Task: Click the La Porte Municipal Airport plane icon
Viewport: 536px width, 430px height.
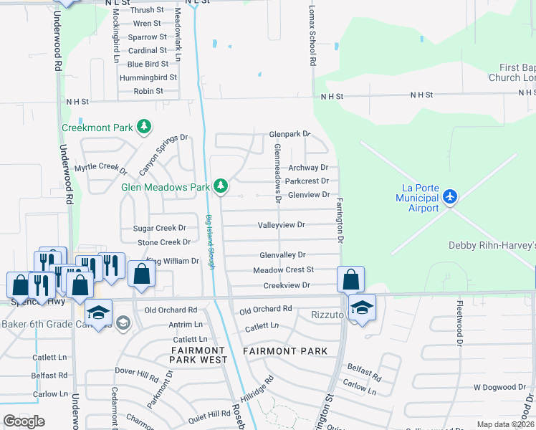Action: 449,196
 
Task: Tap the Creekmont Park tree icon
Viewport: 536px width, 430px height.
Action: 145,127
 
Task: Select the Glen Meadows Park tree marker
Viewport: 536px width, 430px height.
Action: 221,186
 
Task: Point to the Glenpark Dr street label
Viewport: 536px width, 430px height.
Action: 289,134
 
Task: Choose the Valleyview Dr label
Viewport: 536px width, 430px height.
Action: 282,225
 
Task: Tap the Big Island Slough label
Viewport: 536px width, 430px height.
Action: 210,242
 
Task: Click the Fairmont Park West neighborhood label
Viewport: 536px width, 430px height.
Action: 198,355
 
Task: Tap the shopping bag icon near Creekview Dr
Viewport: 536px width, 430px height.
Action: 350,279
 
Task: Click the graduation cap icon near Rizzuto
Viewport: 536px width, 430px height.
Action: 362,308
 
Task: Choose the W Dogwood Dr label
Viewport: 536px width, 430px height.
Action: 499,387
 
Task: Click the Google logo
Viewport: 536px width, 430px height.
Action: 24,422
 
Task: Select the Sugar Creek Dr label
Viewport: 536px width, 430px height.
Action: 160,229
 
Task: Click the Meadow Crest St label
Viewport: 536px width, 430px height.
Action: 283,270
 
